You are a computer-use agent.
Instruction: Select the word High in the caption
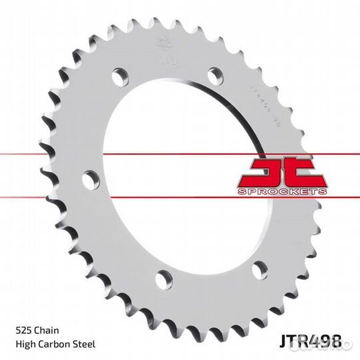(25, 344)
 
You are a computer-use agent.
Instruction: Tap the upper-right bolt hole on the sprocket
(215, 75)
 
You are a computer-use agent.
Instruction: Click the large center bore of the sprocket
(180, 180)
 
